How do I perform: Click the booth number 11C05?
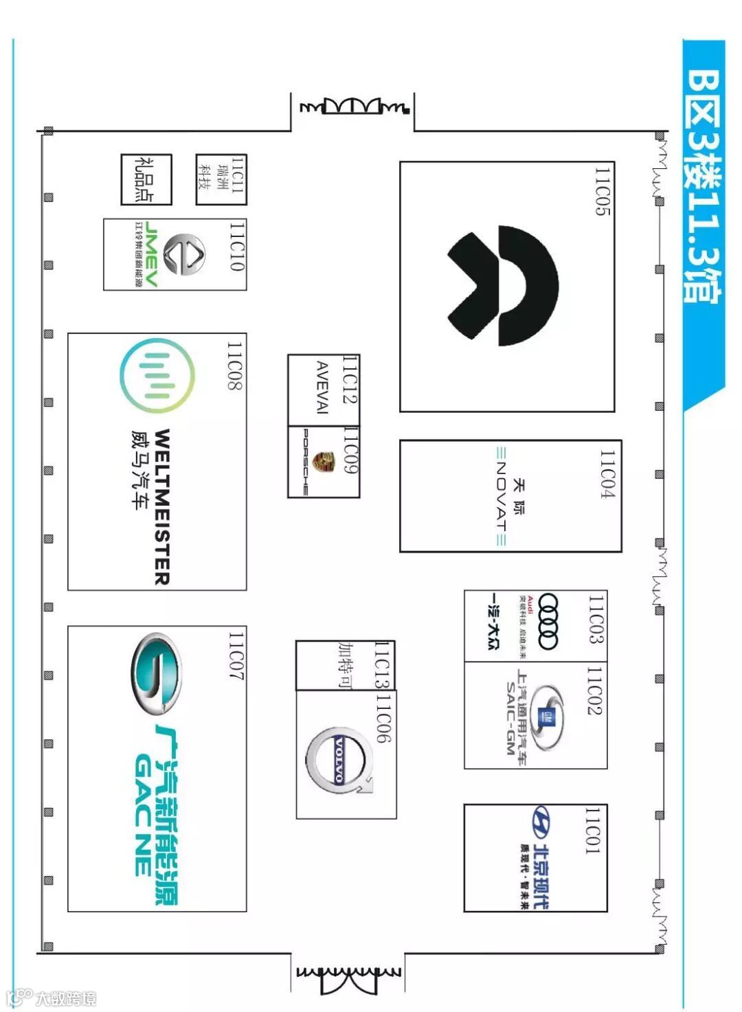click(x=603, y=192)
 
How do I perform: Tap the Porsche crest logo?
click(x=320, y=462)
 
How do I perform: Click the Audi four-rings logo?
click(x=548, y=622)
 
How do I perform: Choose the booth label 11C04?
click(x=607, y=474)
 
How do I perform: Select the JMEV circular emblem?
click(x=185, y=254)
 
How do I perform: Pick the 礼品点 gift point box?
click(x=146, y=179)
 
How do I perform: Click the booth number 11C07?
click(x=236, y=657)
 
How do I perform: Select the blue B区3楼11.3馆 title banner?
click(x=703, y=185)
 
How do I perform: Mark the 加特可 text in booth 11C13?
click(x=345, y=665)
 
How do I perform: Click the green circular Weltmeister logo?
click(x=157, y=375)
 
